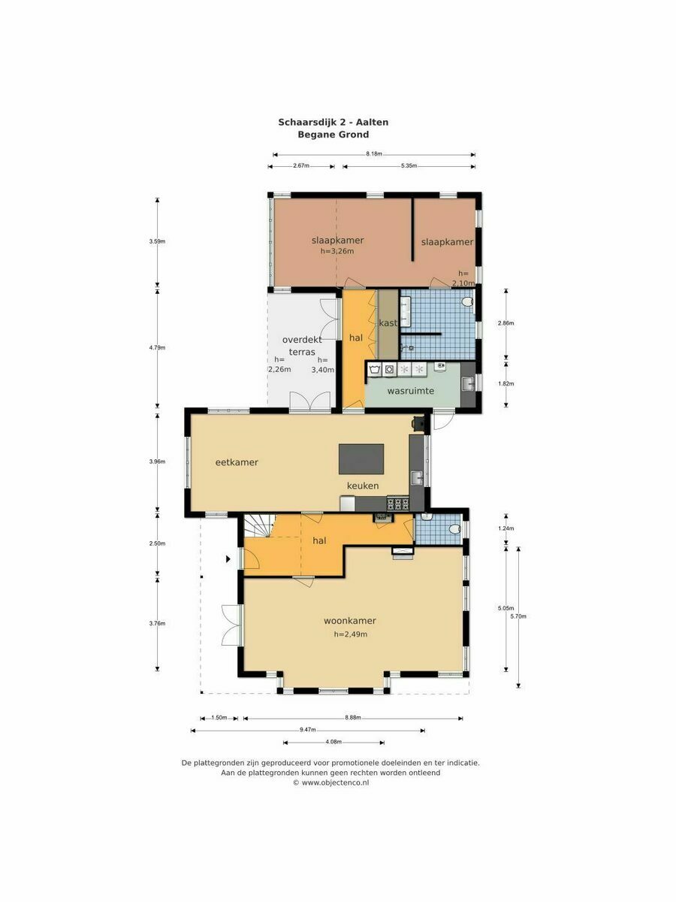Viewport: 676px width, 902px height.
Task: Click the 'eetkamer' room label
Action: click(237, 462)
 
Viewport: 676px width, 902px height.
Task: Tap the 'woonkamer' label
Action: click(350, 621)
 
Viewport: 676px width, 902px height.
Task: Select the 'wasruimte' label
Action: click(410, 391)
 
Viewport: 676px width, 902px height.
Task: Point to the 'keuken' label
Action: click(363, 486)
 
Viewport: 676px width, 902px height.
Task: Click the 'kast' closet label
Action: click(388, 323)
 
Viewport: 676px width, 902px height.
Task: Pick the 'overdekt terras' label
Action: click(302, 346)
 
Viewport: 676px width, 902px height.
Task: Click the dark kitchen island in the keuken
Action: click(361, 459)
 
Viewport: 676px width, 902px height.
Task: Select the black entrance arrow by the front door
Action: click(228, 559)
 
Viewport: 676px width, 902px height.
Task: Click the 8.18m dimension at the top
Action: click(374, 154)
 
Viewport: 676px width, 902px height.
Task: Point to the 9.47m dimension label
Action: click(307, 730)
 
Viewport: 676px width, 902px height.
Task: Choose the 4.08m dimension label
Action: click(333, 742)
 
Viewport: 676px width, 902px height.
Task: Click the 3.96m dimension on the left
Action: click(157, 462)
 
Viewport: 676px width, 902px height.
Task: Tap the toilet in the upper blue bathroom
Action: click(467, 302)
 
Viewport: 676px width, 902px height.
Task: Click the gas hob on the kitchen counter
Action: click(398, 504)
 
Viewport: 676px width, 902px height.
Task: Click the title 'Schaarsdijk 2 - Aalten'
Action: click(333, 122)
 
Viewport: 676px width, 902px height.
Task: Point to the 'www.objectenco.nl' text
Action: click(335, 782)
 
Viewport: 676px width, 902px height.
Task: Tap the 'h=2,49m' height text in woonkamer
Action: click(350, 634)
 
